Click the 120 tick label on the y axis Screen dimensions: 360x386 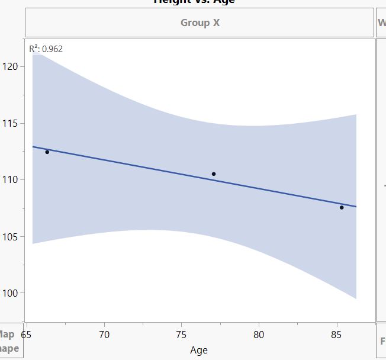tap(11, 66)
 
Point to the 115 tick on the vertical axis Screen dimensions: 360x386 tap(11, 123)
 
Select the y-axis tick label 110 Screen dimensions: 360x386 tap(11, 179)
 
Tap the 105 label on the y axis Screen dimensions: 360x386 tap(11, 236)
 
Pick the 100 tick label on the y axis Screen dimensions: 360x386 tap(11, 293)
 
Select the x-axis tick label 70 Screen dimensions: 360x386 tap(105, 335)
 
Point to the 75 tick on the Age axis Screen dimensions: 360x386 tap(182, 335)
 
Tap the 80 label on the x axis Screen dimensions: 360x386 tap(259, 335)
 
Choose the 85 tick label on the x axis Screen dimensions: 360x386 tap(336, 335)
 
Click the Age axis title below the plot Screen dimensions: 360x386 tap(199, 350)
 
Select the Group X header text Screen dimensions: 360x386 tap(200, 23)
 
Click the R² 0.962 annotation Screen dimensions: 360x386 tap(46, 49)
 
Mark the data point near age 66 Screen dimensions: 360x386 tap(47, 152)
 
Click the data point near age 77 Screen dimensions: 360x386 tap(214, 174)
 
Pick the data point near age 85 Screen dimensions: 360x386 tap(342, 207)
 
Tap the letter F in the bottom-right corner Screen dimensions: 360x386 tap(382, 342)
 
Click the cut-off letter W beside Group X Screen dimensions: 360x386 tap(382, 23)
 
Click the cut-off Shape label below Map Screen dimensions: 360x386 tap(8, 348)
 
